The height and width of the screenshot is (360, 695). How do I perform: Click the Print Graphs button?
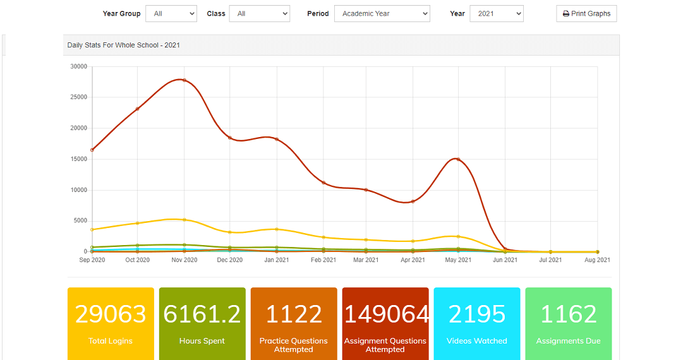(x=586, y=14)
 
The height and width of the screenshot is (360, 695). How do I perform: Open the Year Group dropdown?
(x=171, y=14)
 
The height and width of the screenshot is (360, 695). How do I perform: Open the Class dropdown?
(x=259, y=14)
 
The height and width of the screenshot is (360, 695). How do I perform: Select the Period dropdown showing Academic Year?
(x=382, y=14)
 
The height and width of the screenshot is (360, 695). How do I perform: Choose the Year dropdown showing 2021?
(x=497, y=14)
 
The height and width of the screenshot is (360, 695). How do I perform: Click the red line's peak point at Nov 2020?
(x=184, y=80)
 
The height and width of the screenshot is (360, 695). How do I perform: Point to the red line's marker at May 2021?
(x=458, y=159)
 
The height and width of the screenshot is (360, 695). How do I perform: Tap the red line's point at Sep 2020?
(x=92, y=150)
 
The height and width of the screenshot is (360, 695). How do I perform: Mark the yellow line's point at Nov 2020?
(x=184, y=220)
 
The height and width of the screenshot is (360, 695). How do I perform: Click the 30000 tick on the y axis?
(x=79, y=66)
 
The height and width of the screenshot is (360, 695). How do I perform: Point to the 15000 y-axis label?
(x=79, y=159)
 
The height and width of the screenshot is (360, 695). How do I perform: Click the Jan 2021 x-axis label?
(x=277, y=260)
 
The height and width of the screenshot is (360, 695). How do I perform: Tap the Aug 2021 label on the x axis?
(x=597, y=260)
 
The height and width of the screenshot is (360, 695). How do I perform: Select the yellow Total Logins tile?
(x=111, y=324)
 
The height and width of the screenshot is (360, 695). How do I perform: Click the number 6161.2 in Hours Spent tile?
(x=202, y=314)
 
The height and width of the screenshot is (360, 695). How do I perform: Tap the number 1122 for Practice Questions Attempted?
(x=294, y=314)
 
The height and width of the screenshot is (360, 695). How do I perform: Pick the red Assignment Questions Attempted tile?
(x=385, y=324)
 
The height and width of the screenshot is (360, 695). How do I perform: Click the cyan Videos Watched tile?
(x=477, y=324)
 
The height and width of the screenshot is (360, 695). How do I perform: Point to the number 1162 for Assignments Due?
(x=569, y=314)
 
